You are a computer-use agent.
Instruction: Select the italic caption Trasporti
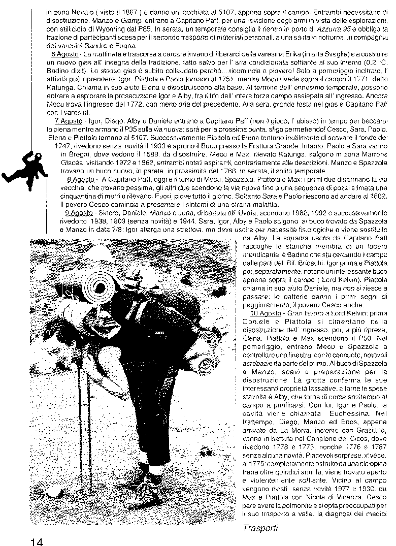[x=260, y=528]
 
